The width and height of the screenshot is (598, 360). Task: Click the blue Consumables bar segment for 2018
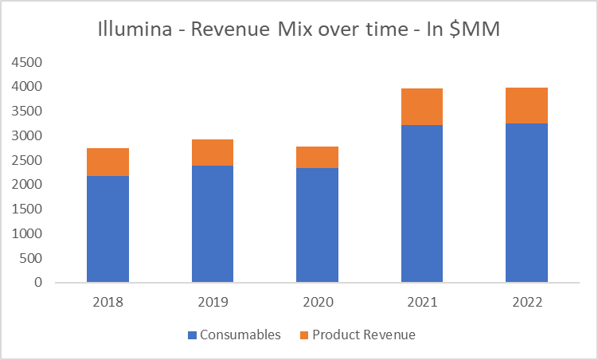pyautogui.click(x=107, y=229)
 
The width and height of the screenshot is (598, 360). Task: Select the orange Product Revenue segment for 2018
pyautogui.click(x=107, y=162)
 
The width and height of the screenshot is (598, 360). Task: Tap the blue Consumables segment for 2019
pyautogui.click(x=213, y=224)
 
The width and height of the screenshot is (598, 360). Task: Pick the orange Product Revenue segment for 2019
pyautogui.click(x=213, y=152)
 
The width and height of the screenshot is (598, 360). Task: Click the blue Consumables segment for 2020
pyautogui.click(x=317, y=225)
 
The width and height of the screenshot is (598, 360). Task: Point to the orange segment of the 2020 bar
pyautogui.click(x=317, y=157)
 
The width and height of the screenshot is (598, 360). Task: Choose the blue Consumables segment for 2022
pyautogui.click(x=526, y=203)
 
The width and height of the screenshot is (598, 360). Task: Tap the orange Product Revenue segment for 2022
pyautogui.click(x=526, y=105)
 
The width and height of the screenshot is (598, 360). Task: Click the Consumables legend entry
pyautogui.click(x=234, y=335)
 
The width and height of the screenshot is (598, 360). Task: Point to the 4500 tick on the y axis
pyautogui.click(x=29, y=62)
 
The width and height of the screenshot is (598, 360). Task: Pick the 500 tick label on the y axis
pyautogui.click(x=32, y=258)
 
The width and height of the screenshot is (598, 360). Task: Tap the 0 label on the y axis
pyautogui.click(x=38, y=283)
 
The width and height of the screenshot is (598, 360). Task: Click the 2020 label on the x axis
pyautogui.click(x=317, y=302)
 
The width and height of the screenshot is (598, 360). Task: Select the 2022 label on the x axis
pyautogui.click(x=526, y=302)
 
